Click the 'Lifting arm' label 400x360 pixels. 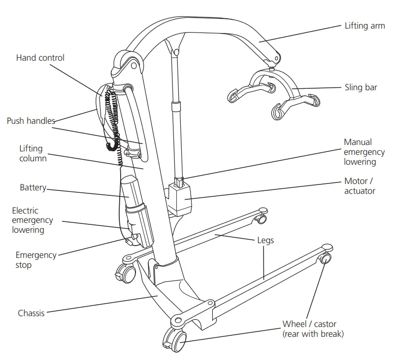pyautogui.click(x=365, y=25)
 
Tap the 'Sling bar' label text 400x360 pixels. pyautogui.click(x=361, y=88)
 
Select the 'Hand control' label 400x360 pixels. pyautogui.click(x=40, y=58)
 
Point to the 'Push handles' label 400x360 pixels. pyautogui.click(x=31, y=121)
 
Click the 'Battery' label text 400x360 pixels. pyautogui.click(x=33, y=187)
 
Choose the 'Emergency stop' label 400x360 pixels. pyautogui.click(x=35, y=260)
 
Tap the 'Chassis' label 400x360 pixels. pyautogui.click(x=31, y=313)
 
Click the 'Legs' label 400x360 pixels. pyautogui.click(x=266, y=241)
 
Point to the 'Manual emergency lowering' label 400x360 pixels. pyautogui.click(x=360, y=152)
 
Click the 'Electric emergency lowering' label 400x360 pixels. pyautogui.click(x=33, y=220)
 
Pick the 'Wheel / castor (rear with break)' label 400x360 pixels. pyautogui.click(x=313, y=329)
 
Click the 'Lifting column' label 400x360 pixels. pyautogui.click(x=33, y=153)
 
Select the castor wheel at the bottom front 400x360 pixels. pyautogui.click(x=175, y=339)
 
